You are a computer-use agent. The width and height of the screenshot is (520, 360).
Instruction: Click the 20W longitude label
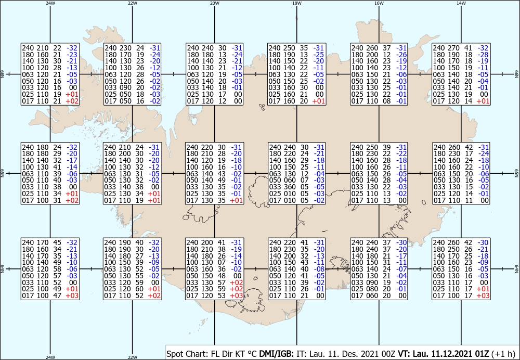tap(215, 3)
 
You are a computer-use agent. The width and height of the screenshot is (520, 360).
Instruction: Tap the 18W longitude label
tap(297, 3)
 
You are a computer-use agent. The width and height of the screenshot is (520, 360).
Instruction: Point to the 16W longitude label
tap(379, 3)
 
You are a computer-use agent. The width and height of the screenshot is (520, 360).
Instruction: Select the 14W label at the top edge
tap(461, 3)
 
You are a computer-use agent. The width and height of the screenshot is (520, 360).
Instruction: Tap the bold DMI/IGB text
tap(276, 354)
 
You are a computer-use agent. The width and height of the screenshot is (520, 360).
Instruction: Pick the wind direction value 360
tap(288, 187)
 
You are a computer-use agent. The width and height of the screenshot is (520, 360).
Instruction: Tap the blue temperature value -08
tap(319, 269)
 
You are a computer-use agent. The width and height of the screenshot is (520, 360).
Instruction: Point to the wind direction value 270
tap(453, 48)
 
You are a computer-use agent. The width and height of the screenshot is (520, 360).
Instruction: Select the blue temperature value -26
tap(401, 55)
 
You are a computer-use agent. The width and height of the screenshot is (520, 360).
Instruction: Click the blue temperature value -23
tap(72, 55)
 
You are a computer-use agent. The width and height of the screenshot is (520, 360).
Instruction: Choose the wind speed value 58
tap(57, 269)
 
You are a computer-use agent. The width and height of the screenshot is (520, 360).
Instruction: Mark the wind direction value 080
tap(371, 289)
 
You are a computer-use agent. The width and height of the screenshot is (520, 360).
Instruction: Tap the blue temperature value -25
tap(319, 55)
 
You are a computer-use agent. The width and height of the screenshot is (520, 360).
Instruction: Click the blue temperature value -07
tap(401, 269)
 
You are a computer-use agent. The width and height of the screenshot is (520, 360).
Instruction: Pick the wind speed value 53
tap(222, 295)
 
